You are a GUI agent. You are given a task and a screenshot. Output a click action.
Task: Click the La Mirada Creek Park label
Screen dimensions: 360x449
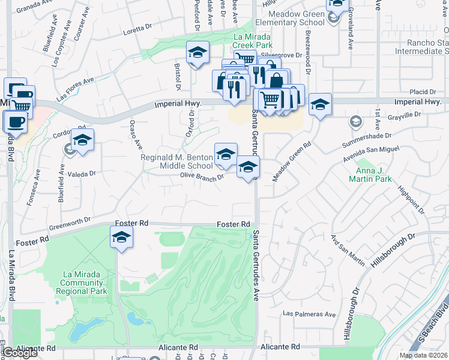pos(252,40)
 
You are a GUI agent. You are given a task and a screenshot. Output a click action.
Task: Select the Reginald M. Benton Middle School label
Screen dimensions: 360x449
pos(176,161)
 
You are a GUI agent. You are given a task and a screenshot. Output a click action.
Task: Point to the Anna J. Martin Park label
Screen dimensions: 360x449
pos(370,174)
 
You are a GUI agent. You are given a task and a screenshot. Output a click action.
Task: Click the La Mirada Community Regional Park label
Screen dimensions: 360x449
pos(85,282)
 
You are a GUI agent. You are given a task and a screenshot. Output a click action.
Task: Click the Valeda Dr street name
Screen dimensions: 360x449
pos(82,173)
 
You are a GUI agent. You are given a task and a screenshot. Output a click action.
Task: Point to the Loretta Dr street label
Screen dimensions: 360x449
pos(137,29)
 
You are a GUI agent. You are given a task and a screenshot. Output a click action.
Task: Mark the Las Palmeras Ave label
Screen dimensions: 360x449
pos(310,314)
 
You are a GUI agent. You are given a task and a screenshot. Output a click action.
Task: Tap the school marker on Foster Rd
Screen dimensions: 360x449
pos(121,239)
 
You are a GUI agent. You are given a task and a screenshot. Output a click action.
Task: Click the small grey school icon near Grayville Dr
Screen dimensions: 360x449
pos(355,122)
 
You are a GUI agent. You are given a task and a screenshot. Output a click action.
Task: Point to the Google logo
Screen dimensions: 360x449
pos(20,353)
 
